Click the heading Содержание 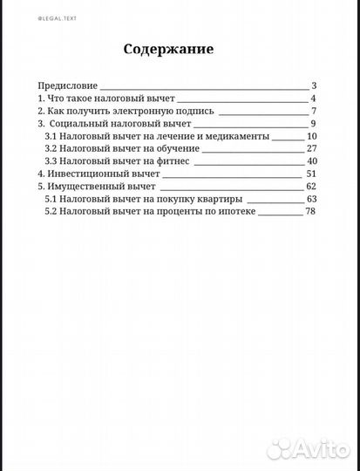click(x=168, y=50)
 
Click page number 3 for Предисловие click(x=313, y=85)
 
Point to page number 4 click(x=312, y=99)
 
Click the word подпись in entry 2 click(x=192, y=111)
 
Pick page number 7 click(x=312, y=111)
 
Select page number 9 click(x=312, y=124)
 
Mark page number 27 click(x=311, y=149)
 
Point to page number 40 click(x=311, y=161)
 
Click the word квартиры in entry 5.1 click(x=214, y=200)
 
